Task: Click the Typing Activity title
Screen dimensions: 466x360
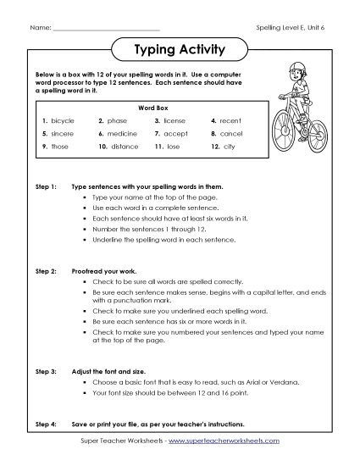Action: [x=180, y=50]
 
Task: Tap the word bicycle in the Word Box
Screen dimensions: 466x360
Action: [x=63, y=121]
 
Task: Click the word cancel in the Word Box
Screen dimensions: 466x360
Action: [x=230, y=133]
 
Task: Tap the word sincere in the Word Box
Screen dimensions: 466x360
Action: [x=64, y=133]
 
